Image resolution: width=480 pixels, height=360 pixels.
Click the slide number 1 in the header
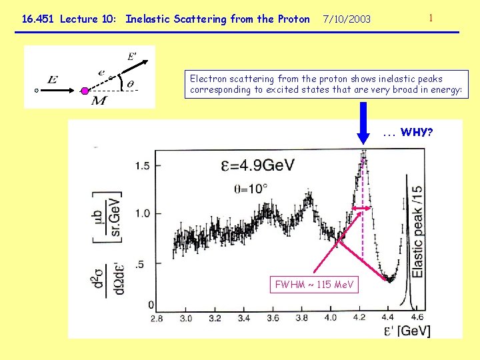tap(431, 18)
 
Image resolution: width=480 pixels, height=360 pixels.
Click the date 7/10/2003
tap(347, 19)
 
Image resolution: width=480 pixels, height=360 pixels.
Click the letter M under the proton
tap(98, 101)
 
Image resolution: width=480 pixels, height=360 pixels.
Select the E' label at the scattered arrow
tap(132, 56)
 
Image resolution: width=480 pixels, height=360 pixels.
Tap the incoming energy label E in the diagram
tap(52, 80)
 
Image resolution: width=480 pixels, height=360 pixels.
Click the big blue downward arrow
tap(364, 122)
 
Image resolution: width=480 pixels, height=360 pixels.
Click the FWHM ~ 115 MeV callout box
tap(314, 285)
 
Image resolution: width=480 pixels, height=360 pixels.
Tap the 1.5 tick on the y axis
tap(143, 165)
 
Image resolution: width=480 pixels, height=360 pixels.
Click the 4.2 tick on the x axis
tap(360, 318)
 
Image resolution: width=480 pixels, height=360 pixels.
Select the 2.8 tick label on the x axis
tap(157, 318)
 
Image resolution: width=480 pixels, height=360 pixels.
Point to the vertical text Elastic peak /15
tap(418, 231)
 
